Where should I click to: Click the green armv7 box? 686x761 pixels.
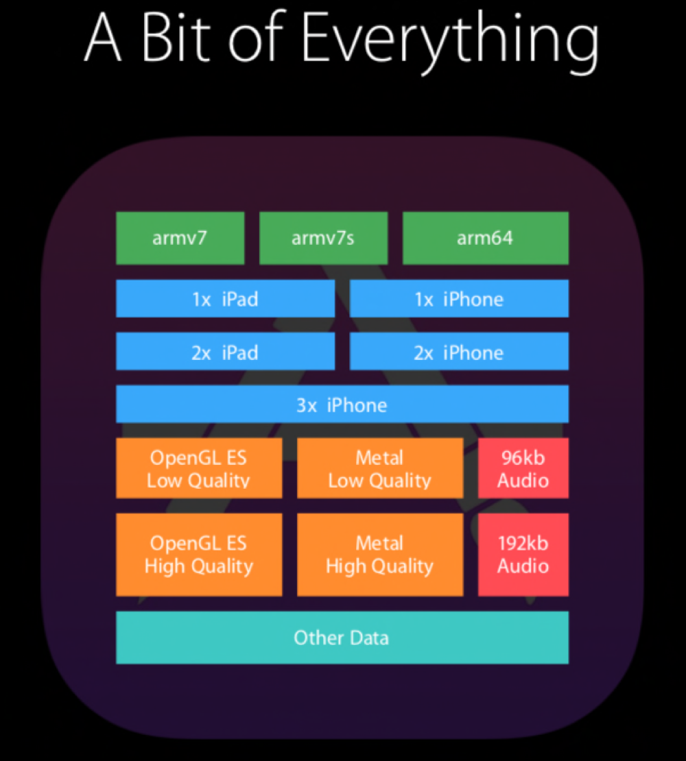click(x=180, y=238)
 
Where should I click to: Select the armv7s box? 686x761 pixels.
click(x=323, y=238)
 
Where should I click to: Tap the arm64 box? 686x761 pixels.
click(x=485, y=238)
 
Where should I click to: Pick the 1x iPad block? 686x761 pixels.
click(x=225, y=298)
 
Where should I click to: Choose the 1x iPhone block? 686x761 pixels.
click(x=459, y=298)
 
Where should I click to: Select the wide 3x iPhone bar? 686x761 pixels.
click(x=342, y=404)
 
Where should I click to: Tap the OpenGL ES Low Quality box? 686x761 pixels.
click(x=199, y=468)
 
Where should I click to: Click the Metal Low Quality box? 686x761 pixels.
click(x=379, y=468)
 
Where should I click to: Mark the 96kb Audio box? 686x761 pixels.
click(x=523, y=468)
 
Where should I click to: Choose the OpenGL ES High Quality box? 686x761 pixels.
click(x=199, y=554)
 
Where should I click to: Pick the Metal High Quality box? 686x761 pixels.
click(x=379, y=554)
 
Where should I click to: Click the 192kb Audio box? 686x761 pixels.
click(x=523, y=554)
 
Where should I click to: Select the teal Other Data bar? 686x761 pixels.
click(x=342, y=638)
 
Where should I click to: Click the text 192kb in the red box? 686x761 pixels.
click(x=523, y=543)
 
